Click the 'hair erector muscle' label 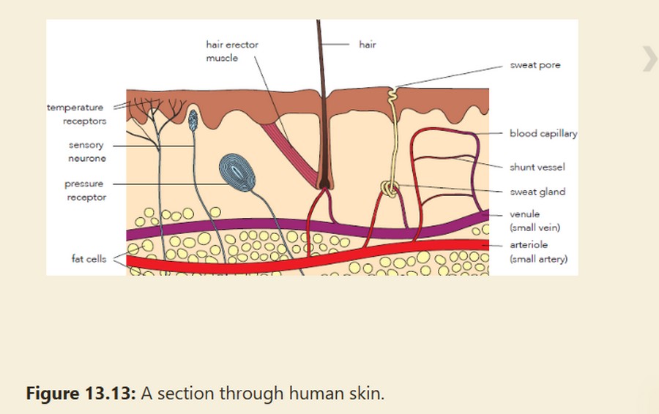[232, 51]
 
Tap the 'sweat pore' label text [535, 65]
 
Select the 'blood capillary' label [543, 134]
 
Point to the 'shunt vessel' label [537, 167]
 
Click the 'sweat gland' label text [537, 192]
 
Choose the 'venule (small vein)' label [535, 221]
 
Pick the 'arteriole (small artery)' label [538, 252]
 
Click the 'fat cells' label [89, 259]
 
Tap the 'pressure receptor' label [86, 190]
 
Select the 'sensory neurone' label [87, 151]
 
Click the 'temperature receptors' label [76, 114]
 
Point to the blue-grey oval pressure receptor [237, 173]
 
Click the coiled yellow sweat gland [390, 189]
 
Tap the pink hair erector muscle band [290, 154]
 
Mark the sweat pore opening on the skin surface [392, 89]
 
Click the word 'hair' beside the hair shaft [368, 45]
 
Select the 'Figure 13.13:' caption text [81, 394]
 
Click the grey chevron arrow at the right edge [649, 59]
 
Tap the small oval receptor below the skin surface [193, 120]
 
